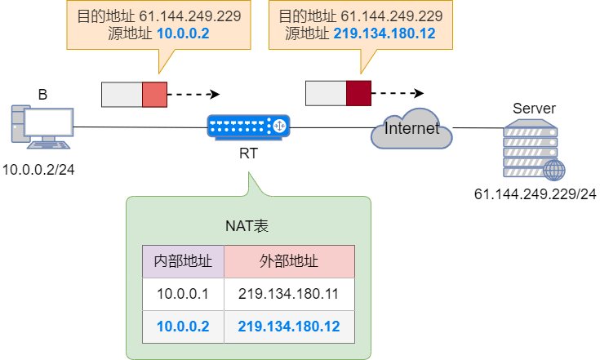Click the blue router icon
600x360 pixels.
248,127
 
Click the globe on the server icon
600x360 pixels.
554,170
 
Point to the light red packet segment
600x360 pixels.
154,95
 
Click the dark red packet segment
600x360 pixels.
358,93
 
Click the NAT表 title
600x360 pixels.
247,225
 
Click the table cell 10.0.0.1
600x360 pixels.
183,294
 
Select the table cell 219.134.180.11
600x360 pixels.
289,294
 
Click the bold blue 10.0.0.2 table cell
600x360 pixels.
183,327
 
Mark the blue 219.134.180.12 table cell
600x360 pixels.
289,327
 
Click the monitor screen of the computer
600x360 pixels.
49,122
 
